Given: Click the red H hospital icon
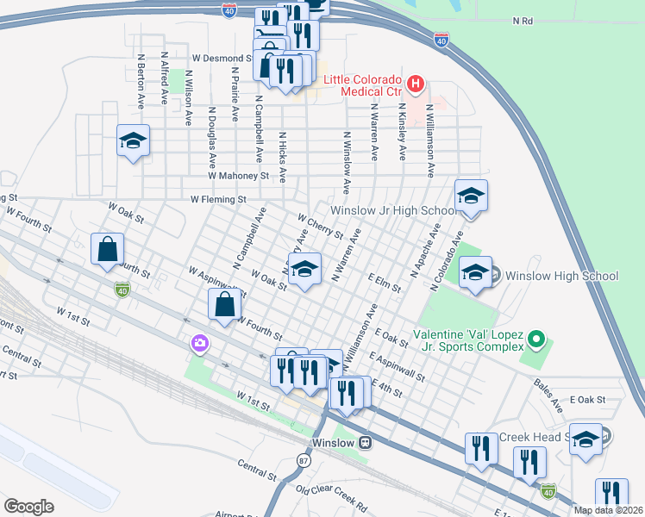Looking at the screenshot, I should tap(416, 84).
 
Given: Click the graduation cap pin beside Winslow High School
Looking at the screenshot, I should tap(474, 273).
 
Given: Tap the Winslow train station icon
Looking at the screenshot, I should tap(366, 443).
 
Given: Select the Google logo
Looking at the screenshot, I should tap(28, 507).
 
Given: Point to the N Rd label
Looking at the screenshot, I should tap(523, 20).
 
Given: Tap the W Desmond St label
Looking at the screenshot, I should tap(222, 59).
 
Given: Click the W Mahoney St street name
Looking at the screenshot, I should tap(238, 175).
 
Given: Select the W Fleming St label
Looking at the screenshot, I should tap(219, 199).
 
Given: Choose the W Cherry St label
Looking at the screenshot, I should tap(320, 227).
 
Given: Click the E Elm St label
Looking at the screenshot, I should tap(384, 283).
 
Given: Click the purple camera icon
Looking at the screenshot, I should tap(200, 345).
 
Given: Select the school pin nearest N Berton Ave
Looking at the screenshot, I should tap(134, 141).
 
